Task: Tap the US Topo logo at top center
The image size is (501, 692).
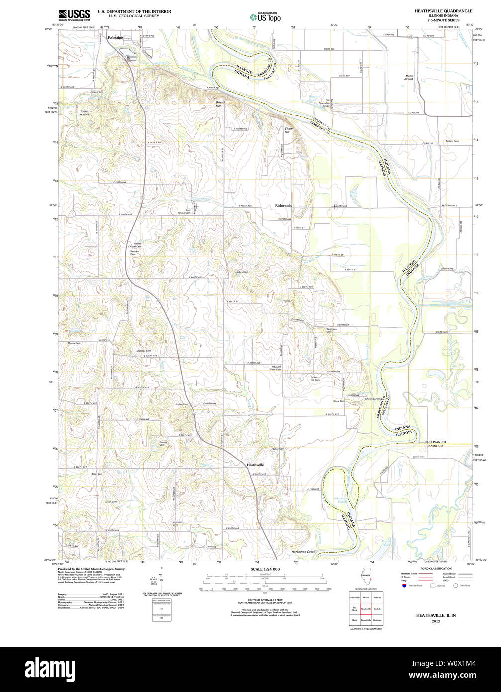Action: pyautogui.click(x=265, y=16)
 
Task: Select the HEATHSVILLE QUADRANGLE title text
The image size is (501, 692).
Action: pyautogui.click(x=443, y=10)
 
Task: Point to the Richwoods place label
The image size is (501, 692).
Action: pyautogui.click(x=283, y=205)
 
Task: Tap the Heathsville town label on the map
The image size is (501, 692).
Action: pyautogui.click(x=255, y=465)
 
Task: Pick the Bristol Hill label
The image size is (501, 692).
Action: pyautogui.click(x=220, y=104)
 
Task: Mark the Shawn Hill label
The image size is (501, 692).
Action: pyautogui.click(x=290, y=130)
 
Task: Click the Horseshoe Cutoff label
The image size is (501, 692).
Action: pyautogui.click(x=303, y=552)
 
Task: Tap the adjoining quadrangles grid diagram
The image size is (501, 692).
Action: pyautogui.click(x=365, y=608)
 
